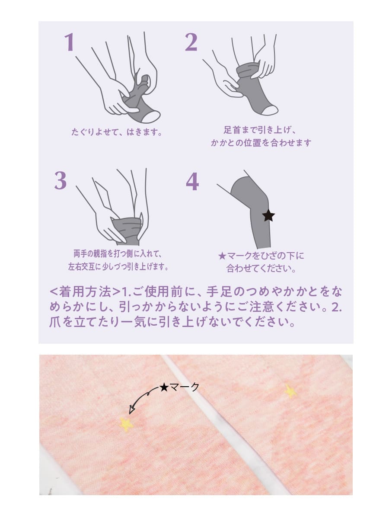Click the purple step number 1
point(70,43)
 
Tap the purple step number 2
point(191,43)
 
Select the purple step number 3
point(61,181)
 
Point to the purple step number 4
point(192,182)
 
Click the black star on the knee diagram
point(268,215)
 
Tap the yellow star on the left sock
point(126,424)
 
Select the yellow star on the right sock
point(290,391)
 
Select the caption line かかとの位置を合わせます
point(261,143)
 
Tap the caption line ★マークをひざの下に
point(261,256)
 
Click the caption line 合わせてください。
point(261,269)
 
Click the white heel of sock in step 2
point(270,110)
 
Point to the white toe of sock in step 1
point(151,116)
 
